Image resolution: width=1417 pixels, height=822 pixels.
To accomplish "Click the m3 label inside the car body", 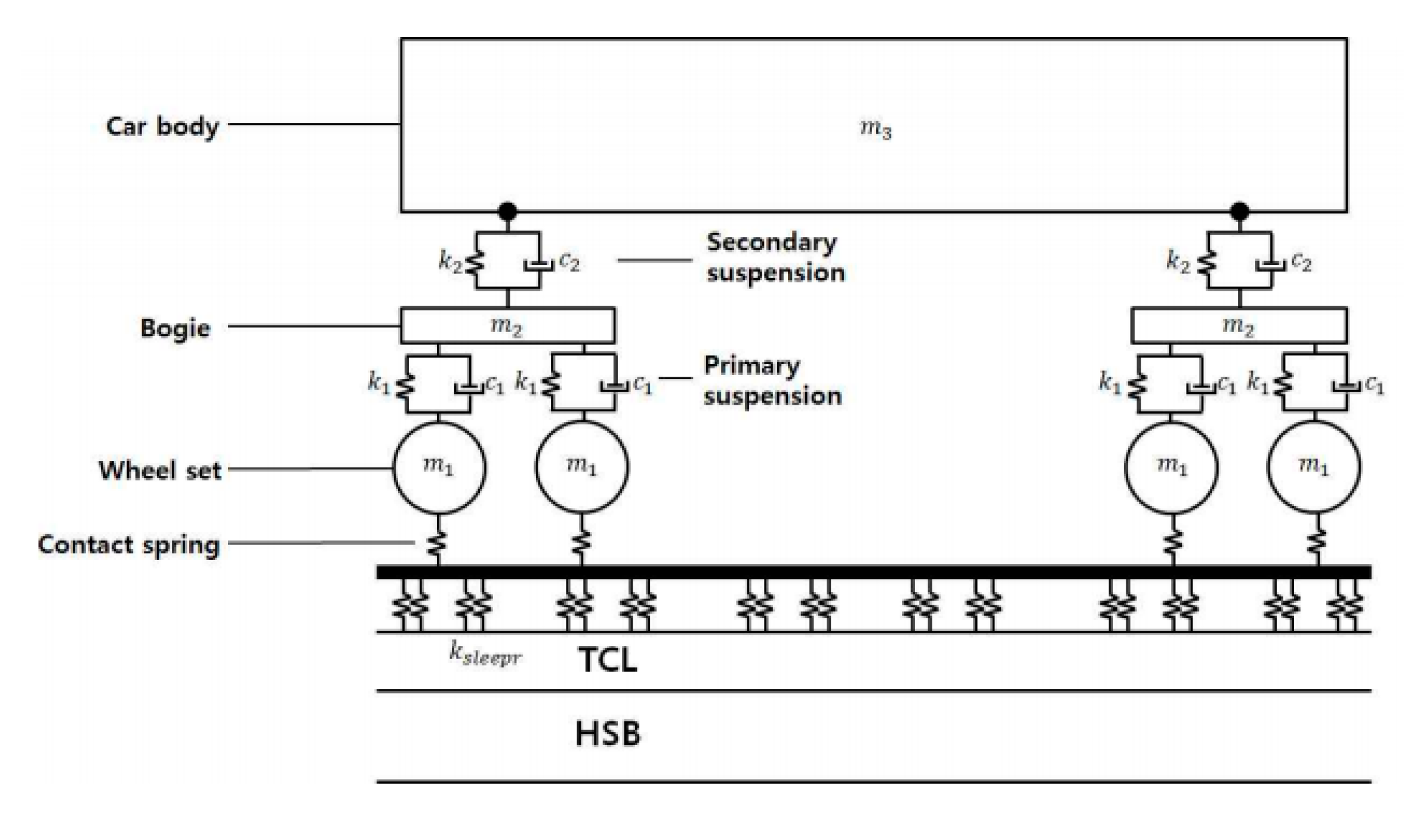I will (876, 129).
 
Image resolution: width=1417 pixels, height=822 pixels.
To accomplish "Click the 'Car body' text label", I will (162, 127).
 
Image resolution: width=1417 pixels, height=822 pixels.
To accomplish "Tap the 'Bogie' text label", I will (175, 328).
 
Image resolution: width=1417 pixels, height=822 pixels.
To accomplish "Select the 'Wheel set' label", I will (160, 470).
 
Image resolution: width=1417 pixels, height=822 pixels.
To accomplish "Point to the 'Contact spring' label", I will (129, 544).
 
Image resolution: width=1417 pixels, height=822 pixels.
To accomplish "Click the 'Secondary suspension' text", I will (775, 258).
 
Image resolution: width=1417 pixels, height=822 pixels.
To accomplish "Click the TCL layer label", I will (607, 660).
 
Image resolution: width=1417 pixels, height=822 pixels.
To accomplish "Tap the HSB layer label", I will (607, 734).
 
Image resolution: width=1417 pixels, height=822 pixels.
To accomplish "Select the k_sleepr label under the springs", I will (485, 655).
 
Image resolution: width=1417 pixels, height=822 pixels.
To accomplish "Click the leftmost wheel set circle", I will (439, 467).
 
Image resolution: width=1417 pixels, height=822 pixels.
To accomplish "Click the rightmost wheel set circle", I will (1314, 467).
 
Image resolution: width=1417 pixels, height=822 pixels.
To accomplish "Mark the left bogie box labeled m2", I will (507, 325).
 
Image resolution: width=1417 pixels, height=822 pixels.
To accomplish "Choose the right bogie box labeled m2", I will (1239, 325).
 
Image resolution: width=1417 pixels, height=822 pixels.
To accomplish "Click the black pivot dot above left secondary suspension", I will (507, 211).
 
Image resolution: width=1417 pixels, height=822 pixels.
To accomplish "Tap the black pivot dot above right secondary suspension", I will (1240, 211).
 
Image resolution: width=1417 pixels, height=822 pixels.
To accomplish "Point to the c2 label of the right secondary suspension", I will (1301, 261).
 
